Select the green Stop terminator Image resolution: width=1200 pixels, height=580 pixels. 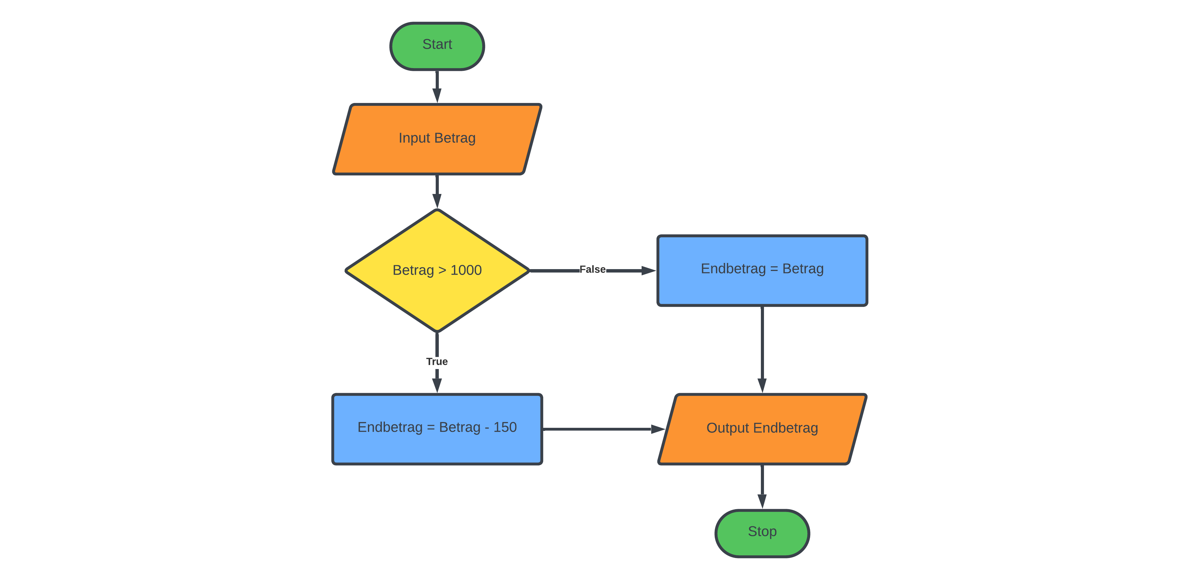(x=762, y=533)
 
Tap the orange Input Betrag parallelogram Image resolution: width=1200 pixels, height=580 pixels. (x=437, y=139)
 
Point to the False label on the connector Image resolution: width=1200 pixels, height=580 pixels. (x=592, y=269)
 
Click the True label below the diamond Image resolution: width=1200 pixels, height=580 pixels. (x=437, y=362)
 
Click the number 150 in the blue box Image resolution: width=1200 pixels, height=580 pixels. (x=505, y=427)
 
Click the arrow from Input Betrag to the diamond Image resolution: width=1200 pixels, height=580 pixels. (x=437, y=191)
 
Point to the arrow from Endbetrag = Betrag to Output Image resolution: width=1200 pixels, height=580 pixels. (x=762, y=349)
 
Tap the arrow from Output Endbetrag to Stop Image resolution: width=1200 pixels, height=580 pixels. (x=762, y=487)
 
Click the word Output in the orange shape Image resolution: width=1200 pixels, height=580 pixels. (x=728, y=428)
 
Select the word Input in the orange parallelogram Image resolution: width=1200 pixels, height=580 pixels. (x=414, y=138)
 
